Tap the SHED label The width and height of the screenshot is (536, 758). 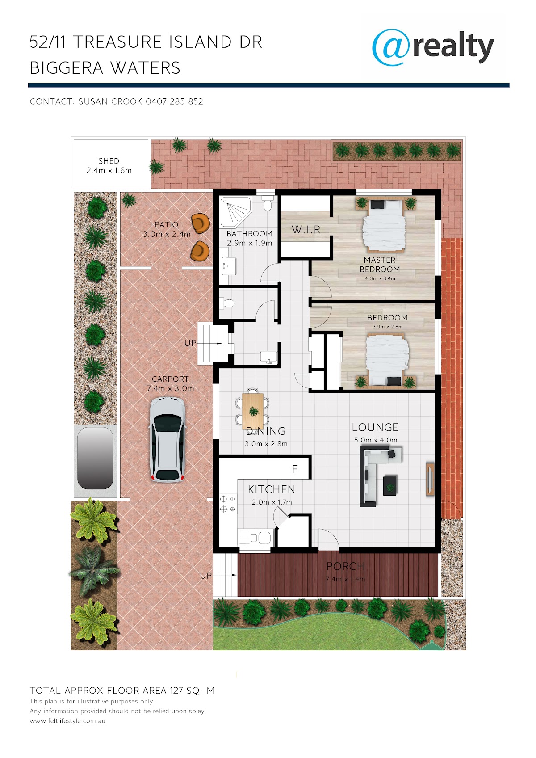click(x=109, y=161)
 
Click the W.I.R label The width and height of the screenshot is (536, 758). click(x=306, y=230)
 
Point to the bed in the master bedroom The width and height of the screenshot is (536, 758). click(x=384, y=225)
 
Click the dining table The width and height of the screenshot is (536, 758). click(x=253, y=410)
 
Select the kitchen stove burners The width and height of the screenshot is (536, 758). click(x=228, y=504)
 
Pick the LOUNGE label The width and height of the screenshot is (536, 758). click(x=375, y=427)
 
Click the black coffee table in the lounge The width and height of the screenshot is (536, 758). click(x=390, y=485)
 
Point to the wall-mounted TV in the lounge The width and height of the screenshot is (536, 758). click(x=430, y=479)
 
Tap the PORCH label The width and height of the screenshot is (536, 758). click(x=345, y=566)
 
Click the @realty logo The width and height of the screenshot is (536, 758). click(x=433, y=47)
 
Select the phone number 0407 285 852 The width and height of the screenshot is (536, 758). click(x=175, y=101)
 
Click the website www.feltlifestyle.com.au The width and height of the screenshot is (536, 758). click(x=67, y=721)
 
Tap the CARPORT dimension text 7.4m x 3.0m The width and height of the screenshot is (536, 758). click(x=171, y=388)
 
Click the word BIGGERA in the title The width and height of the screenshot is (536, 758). click(x=67, y=67)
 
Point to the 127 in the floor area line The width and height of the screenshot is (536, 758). click(x=176, y=691)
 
